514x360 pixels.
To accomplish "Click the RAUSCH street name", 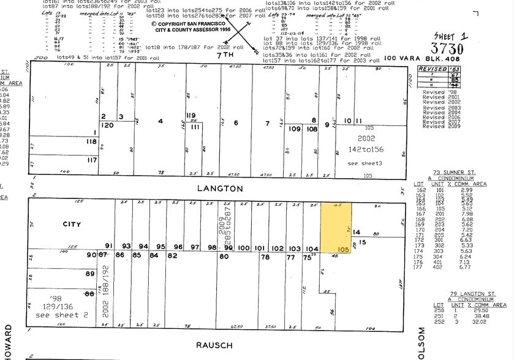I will [x=214, y=345].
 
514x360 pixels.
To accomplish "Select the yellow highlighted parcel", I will [x=336, y=227].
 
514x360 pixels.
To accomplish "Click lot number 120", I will [x=108, y=125].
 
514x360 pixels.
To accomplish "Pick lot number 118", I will [x=91, y=141].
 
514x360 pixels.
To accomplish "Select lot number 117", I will [x=91, y=160].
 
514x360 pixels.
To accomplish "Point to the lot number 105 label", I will [x=342, y=250].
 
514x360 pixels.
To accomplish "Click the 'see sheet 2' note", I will [x=58, y=315].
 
